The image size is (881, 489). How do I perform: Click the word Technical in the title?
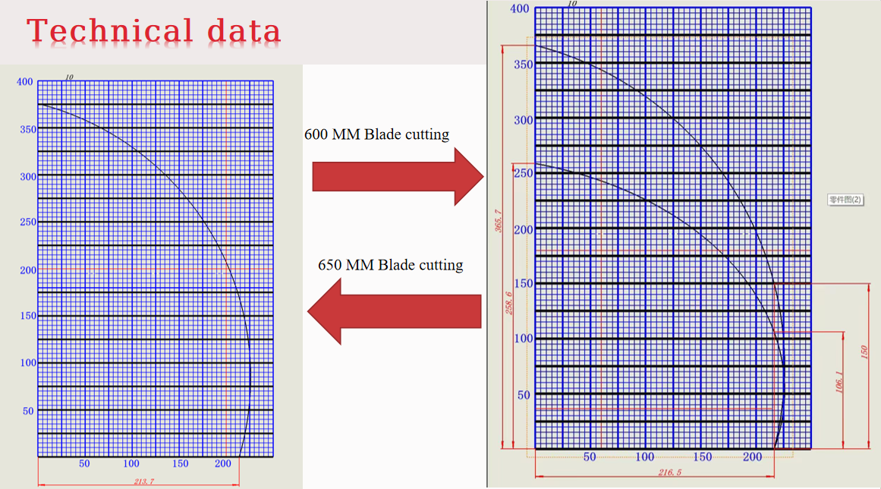[110, 31]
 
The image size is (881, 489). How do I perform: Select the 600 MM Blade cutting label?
[376, 135]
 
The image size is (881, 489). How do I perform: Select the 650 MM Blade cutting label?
[391, 265]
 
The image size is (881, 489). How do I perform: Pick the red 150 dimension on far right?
[863, 353]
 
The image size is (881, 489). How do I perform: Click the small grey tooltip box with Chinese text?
[845, 200]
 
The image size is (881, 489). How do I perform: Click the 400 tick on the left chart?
[26, 82]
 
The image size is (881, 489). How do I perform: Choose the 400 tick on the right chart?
[520, 9]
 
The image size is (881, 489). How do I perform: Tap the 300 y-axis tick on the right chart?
[524, 120]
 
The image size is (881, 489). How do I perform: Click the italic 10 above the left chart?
[69, 77]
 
